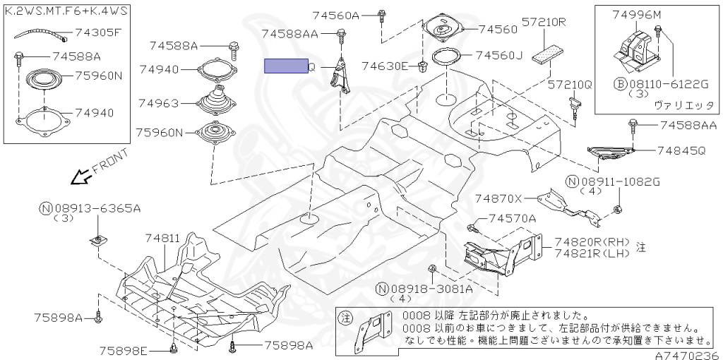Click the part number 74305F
[99, 32]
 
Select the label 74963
[159, 103]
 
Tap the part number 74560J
[498, 55]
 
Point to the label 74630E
[385, 66]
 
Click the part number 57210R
[544, 23]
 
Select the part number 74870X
[498, 198]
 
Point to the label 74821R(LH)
[592, 253]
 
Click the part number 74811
[162, 239]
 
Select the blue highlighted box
[286, 66]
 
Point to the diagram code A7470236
[691, 355]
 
